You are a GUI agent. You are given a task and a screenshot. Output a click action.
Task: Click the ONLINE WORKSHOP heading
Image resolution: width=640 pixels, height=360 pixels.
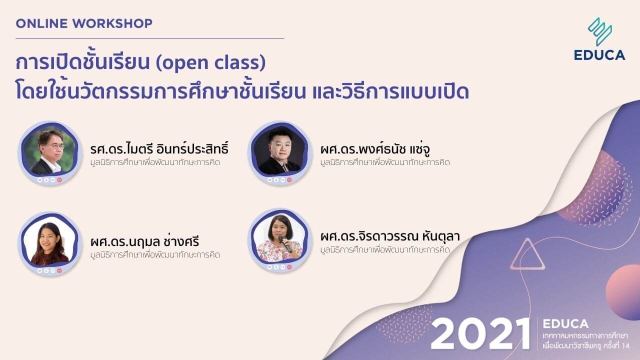84,23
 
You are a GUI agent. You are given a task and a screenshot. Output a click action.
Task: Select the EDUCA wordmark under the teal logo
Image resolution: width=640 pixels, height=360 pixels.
599,55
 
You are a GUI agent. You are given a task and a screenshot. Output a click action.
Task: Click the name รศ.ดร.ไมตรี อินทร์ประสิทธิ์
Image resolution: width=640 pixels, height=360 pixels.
159,149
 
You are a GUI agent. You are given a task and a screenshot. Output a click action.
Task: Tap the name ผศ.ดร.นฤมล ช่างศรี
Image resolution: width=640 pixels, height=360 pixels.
145,242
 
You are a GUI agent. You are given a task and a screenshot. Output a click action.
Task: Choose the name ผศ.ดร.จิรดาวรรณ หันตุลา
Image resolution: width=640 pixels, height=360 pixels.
390,236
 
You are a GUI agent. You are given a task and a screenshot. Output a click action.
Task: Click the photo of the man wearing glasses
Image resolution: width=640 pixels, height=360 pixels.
49,151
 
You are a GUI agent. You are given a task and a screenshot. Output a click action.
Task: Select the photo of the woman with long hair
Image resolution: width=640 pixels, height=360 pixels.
49,243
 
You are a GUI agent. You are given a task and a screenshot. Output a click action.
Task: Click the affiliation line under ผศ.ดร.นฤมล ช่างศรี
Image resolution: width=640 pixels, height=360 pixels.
155,255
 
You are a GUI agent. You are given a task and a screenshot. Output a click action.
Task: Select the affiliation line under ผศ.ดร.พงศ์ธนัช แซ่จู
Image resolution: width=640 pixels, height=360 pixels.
385,162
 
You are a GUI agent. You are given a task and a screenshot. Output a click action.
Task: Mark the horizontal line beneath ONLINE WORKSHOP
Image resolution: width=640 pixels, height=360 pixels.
149,38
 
